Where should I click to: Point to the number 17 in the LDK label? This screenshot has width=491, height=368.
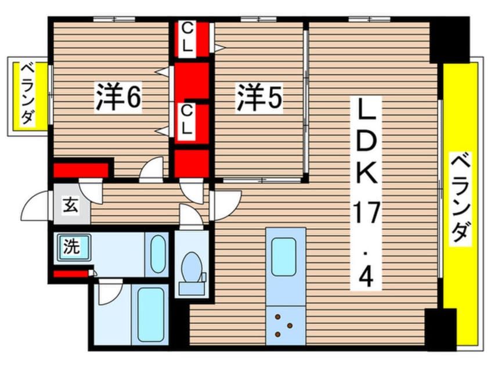coord(368,215)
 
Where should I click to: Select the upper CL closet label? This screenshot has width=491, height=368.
coord(187,39)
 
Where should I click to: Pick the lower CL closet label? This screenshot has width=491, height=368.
coord(186,121)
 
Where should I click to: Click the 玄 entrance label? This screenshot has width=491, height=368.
coord(70,205)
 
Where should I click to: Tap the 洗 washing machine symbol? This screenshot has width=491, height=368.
coord(71,248)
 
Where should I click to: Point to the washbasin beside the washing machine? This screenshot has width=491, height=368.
coord(157,254)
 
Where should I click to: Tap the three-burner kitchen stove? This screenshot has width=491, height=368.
coord(285,326)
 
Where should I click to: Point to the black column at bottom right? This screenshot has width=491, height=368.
coord(441,329)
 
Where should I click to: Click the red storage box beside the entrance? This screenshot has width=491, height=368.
coord(81,171)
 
